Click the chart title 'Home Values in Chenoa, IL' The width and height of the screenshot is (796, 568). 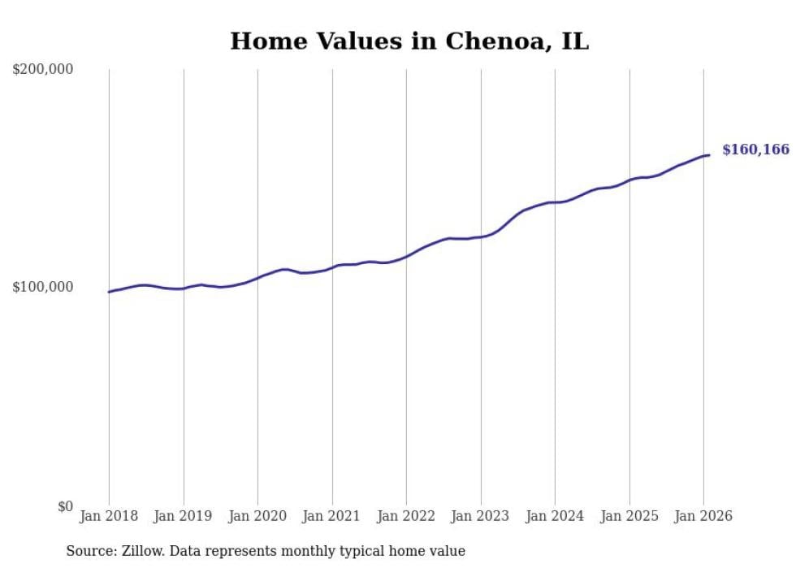[x=409, y=41]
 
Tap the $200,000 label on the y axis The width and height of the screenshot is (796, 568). [x=43, y=69]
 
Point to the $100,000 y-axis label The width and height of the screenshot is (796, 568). [x=43, y=287]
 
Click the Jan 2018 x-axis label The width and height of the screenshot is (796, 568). [x=109, y=516]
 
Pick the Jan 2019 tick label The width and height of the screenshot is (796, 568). [x=183, y=516]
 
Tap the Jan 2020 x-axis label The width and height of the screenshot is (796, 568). [x=257, y=516]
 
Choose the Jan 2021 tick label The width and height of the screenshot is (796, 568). [x=331, y=516]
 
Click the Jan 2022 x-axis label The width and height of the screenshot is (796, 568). [x=406, y=516]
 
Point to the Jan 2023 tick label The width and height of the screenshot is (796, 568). [x=480, y=516]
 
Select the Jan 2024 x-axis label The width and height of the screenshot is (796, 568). [x=555, y=516]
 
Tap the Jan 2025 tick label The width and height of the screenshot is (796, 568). [x=629, y=516]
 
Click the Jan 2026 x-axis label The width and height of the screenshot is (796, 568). [x=703, y=516]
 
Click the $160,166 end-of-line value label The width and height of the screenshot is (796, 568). [x=755, y=150]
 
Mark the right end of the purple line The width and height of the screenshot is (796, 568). [x=709, y=155]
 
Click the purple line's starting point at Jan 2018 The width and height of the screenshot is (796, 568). [x=109, y=292]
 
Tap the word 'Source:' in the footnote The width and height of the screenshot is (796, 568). [x=89, y=551]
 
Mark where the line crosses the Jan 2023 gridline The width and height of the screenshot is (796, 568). [x=481, y=236]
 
